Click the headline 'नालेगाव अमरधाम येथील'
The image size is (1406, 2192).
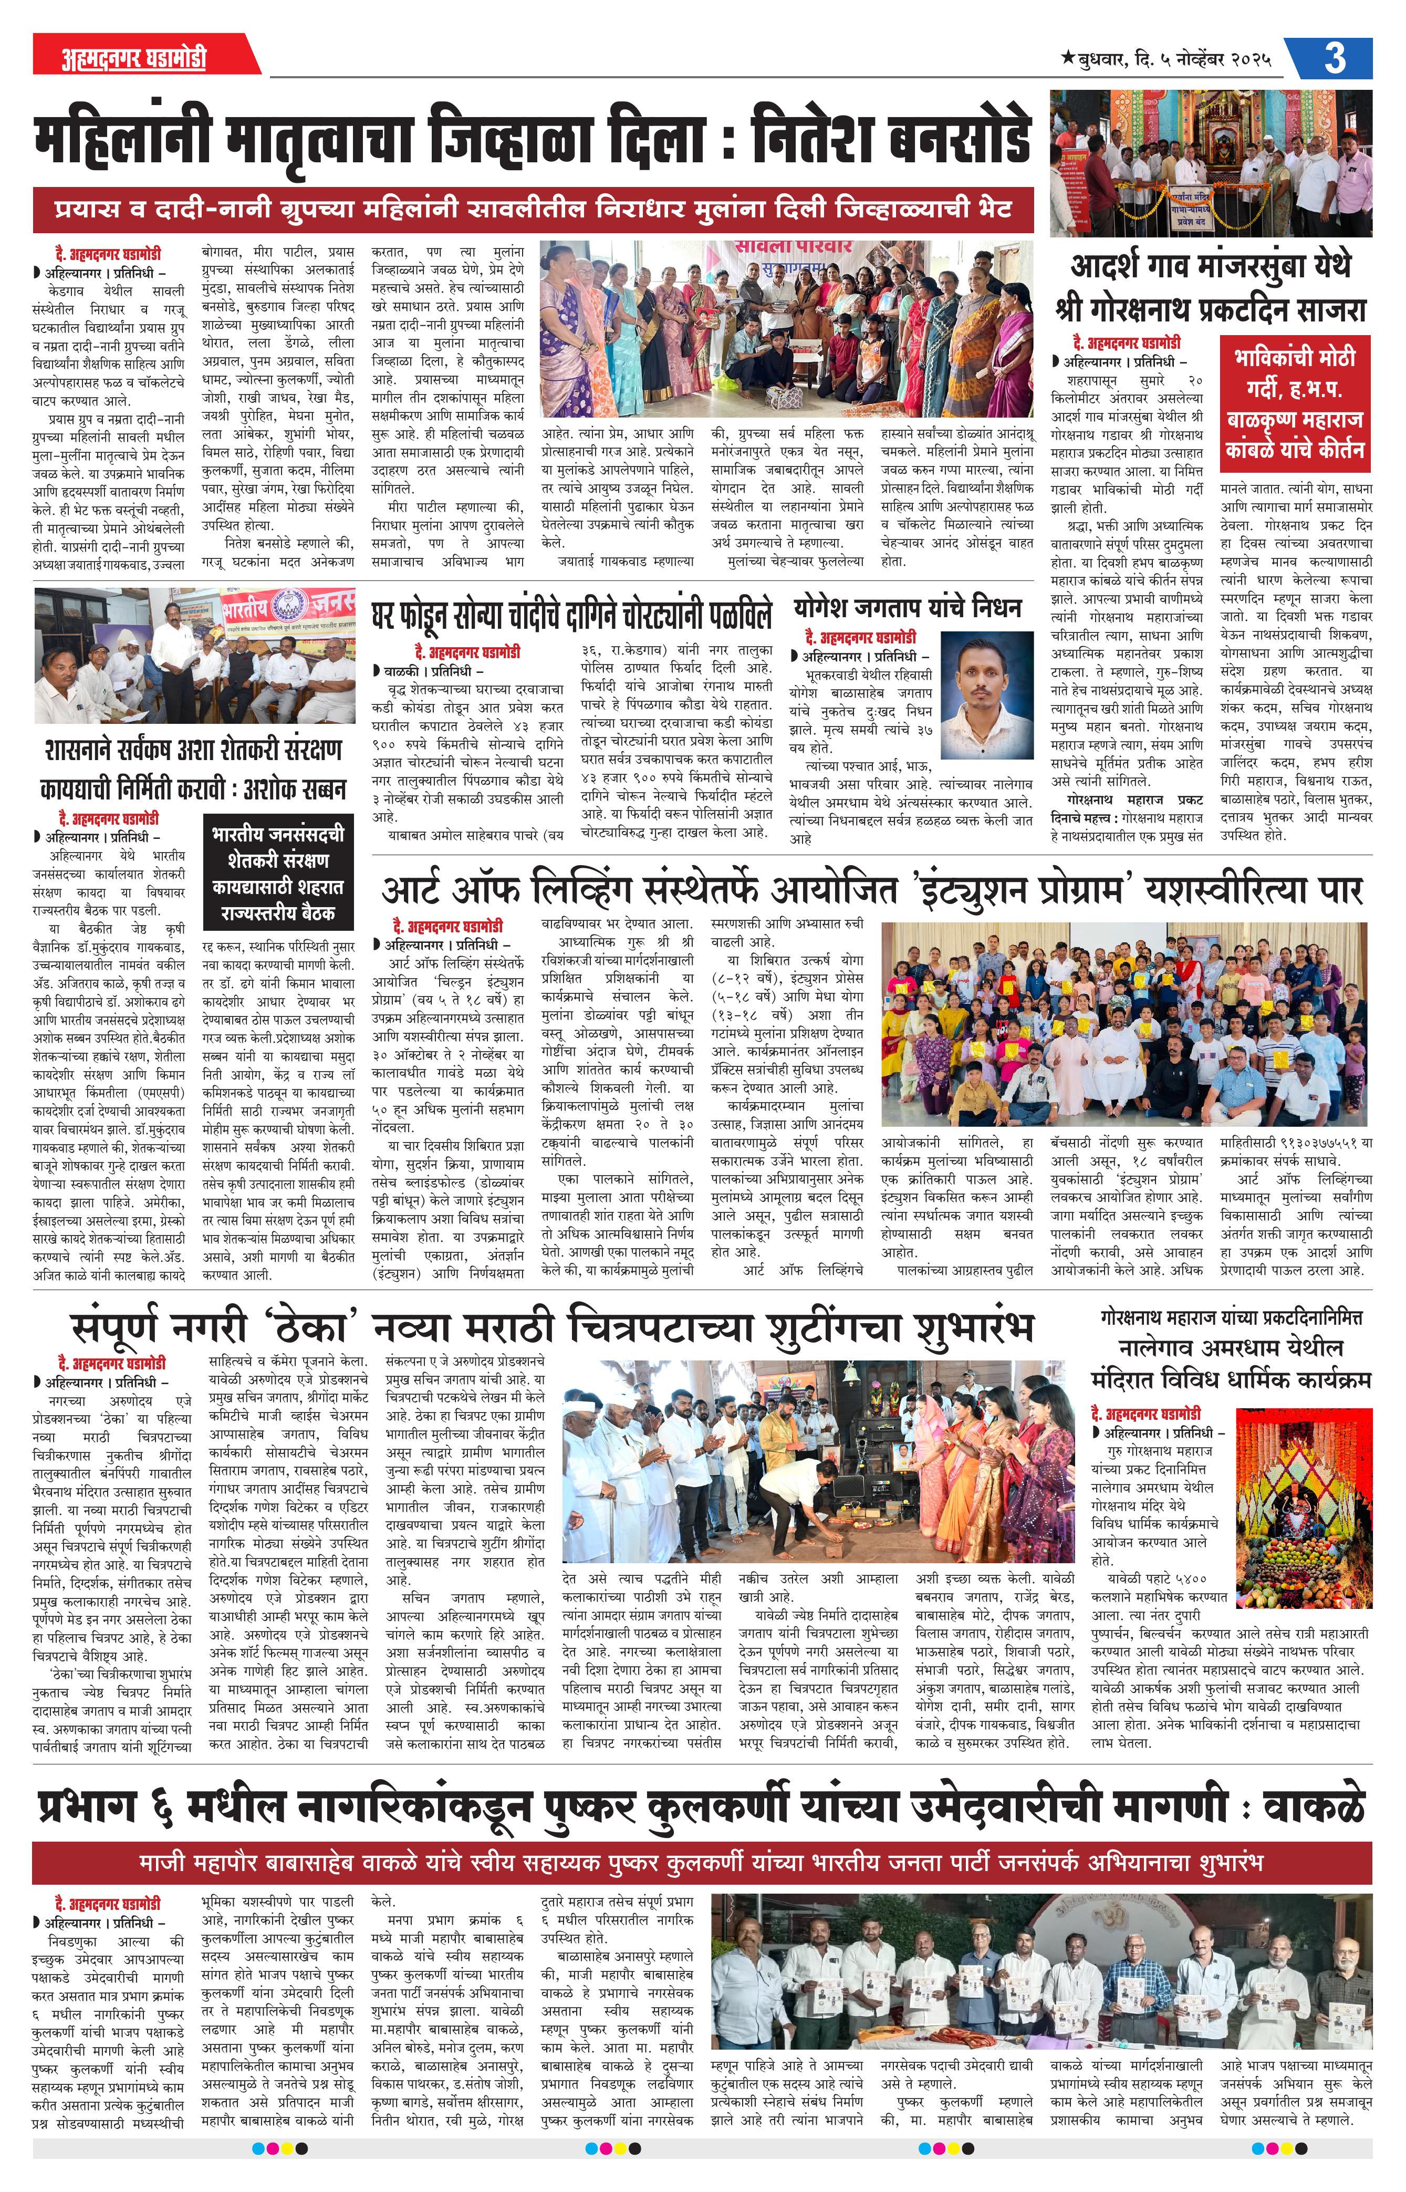coord(1230,1347)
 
